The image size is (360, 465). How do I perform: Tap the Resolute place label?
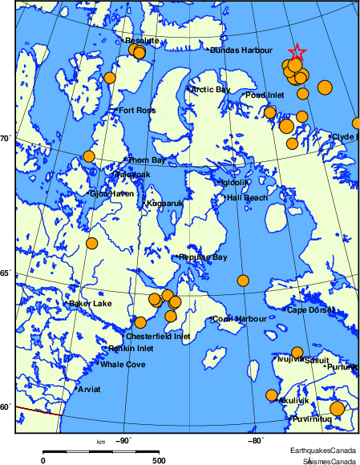point(142,40)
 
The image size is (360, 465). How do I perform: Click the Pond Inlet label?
point(265,95)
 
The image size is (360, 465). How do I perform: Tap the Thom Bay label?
point(148,160)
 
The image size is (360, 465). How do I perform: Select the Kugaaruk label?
point(165,204)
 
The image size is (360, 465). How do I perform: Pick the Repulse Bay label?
point(204,257)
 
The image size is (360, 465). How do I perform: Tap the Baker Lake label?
point(91,304)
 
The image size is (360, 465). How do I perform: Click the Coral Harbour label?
point(240,319)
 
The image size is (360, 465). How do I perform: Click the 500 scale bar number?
point(159,460)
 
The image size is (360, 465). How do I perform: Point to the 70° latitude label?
point(5,139)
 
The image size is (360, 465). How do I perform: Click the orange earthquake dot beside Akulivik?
point(271,394)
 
